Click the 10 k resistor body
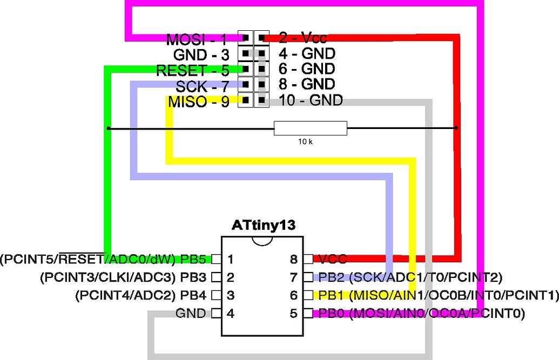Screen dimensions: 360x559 tap(310, 128)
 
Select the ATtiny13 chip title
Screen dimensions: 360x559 tap(264, 225)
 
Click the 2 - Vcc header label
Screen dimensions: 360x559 tap(303, 38)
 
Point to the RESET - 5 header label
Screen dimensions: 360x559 tap(192, 70)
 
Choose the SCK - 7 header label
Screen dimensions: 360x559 tap(202, 86)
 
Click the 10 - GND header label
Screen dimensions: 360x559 tap(311, 100)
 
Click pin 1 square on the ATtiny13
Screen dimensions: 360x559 tap(216, 260)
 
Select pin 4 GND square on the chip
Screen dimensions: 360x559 tap(216, 313)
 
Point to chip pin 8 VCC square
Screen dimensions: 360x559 tap(308, 260)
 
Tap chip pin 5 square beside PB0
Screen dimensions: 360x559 tap(308, 313)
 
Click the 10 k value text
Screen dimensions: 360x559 tap(306, 141)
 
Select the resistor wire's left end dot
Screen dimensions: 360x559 tap(109, 128)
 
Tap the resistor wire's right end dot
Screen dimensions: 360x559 tap(456, 128)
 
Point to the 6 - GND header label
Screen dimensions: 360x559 tap(307, 69)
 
